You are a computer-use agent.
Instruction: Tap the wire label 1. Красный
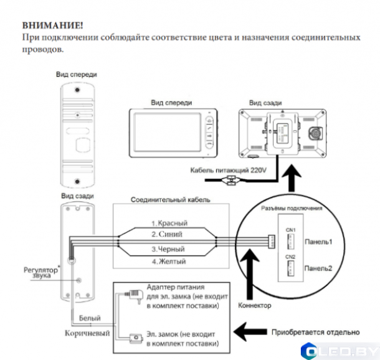[169, 223]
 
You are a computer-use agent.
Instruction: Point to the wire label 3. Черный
[168, 249]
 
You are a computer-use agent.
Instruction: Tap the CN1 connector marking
[290, 229]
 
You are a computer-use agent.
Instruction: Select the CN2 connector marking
[290, 256]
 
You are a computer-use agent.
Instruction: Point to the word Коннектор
[255, 305]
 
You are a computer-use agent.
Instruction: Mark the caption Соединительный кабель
[170, 201]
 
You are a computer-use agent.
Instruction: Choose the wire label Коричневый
[87, 334]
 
